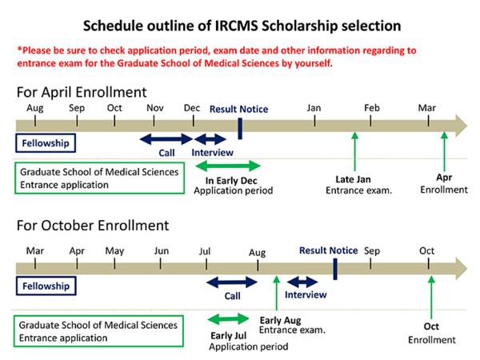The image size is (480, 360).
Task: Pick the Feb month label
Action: point(372,108)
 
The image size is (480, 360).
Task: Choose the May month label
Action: point(114,250)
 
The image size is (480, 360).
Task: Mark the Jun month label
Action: point(162,250)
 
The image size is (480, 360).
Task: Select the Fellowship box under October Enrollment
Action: point(46,286)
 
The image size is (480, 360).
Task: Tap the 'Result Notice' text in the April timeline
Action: point(239,109)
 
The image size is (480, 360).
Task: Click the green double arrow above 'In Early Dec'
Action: point(228,166)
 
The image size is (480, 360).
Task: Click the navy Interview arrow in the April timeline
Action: point(210,138)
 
